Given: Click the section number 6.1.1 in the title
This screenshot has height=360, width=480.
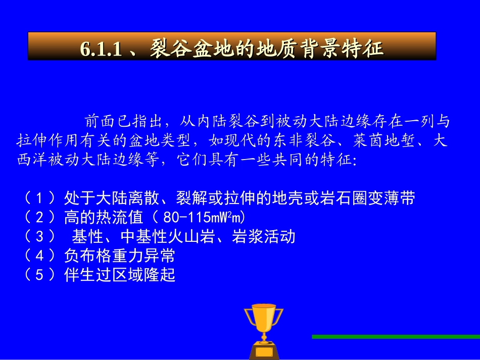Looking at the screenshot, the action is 101,48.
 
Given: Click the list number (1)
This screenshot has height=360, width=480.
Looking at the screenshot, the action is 40,198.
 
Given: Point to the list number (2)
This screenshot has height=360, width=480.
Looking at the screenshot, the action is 40,217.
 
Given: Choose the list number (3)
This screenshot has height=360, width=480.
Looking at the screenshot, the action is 40,236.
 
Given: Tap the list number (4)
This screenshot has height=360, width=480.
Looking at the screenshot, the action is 40,255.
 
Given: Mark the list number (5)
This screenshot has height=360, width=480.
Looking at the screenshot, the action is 40,275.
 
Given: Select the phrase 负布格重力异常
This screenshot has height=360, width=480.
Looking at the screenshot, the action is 120,255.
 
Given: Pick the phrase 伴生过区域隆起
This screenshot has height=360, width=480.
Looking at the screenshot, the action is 120,275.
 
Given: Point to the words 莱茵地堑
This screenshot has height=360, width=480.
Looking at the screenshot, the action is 385,140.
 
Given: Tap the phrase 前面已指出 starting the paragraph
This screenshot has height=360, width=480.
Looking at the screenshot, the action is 123,121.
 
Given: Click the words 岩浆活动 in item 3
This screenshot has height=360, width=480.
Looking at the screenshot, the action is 264,236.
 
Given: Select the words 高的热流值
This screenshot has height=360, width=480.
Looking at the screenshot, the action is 104,217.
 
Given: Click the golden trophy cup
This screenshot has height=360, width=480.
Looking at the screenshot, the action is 264,319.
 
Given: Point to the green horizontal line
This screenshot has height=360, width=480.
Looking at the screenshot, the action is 396,337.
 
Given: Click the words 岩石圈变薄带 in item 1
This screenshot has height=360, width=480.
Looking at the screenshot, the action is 367,198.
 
